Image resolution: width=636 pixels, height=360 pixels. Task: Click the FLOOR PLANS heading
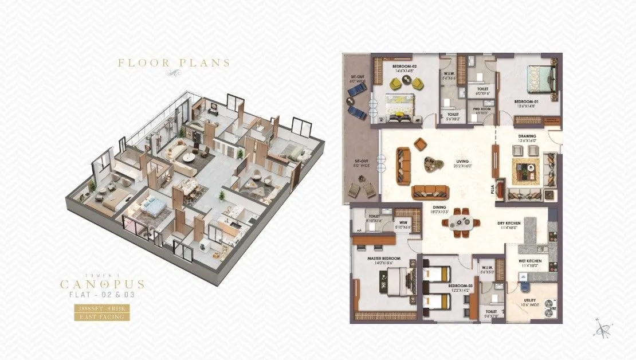click(174, 63)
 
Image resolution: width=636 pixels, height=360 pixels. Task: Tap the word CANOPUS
click(103, 284)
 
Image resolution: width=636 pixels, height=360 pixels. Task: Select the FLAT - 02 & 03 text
click(103, 295)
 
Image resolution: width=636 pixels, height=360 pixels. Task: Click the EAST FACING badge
click(103, 316)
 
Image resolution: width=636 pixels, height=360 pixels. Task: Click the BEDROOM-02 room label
click(403, 66)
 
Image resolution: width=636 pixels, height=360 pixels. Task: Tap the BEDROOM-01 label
click(526, 101)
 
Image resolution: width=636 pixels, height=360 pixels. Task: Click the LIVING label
click(462, 162)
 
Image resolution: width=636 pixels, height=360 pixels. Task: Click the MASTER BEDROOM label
click(383, 259)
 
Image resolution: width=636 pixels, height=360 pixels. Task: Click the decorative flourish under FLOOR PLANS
click(174, 73)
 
